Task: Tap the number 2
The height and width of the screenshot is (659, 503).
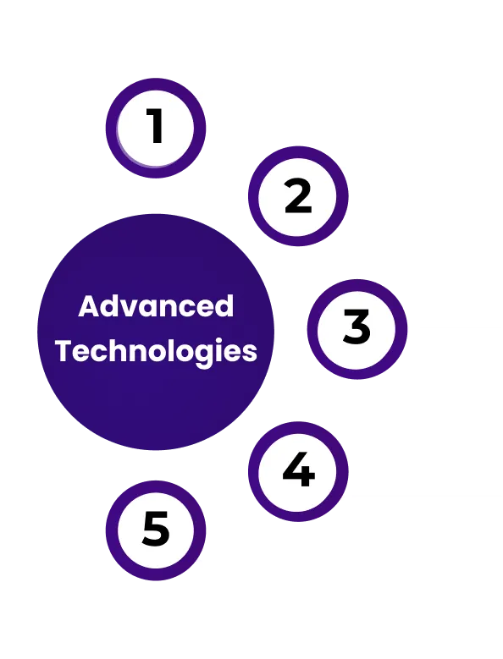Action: point(298,196)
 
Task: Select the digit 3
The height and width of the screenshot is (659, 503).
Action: point(357,327)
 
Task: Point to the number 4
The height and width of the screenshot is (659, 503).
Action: point(299,469)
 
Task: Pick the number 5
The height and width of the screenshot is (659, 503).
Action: point(156,529)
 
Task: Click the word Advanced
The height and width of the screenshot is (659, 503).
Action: point(156,305)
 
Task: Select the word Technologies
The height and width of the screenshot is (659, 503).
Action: point(156,351)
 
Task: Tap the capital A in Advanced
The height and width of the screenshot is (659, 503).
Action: point(89,306)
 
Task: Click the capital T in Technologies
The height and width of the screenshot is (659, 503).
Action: point(64,350)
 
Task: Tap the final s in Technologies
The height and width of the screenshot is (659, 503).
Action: point(250,354)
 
